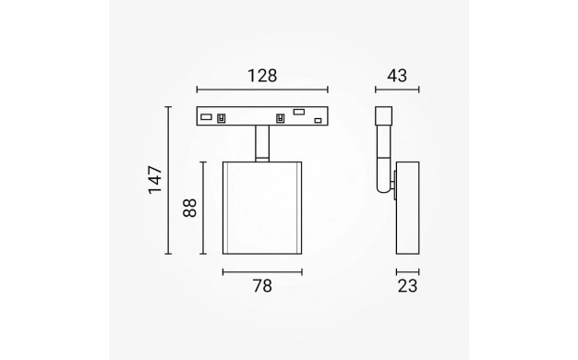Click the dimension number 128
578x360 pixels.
[x=262, y=76]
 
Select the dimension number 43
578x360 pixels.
[x=397, y=76]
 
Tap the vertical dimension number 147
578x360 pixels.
[x=155, y=180]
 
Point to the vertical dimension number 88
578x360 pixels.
[x=190, y=208]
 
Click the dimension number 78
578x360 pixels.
[x=262, y=286]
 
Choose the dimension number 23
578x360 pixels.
[x=407, y=286]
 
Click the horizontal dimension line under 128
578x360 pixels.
[x=262, y=90]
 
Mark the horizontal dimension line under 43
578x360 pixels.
[x=397, y=90]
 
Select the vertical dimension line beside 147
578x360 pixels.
[x=168, y=180]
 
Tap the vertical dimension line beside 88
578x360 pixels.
[x=203, y=208]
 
